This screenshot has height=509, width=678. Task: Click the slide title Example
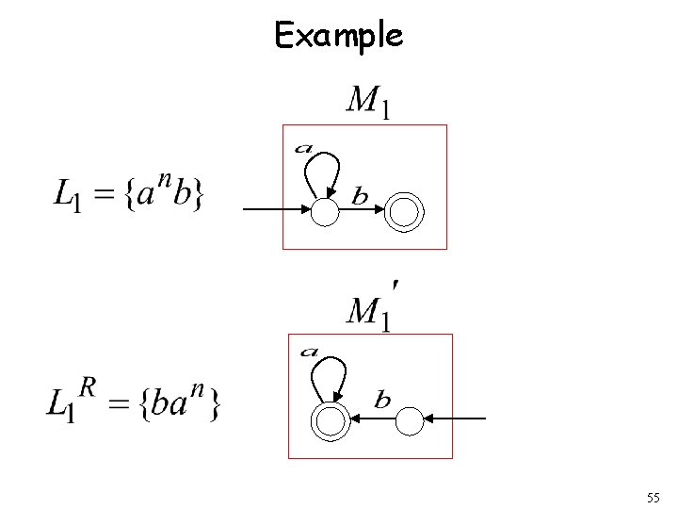click(x=338, y=35)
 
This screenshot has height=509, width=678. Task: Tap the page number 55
click(x=654, y=497)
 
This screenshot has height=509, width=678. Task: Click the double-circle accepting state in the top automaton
click(x=405, y=213)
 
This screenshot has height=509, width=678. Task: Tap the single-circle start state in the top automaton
click(x=324, y=214)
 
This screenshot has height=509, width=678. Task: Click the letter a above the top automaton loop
click(x=303, y=147)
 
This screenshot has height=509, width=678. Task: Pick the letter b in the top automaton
click(x=360, y=196)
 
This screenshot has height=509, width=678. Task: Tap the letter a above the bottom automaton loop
click(x=309, y=353)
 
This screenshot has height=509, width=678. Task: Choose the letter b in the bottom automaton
click(x=382, y=401)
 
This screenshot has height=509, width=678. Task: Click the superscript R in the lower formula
click(x=87, y=386)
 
